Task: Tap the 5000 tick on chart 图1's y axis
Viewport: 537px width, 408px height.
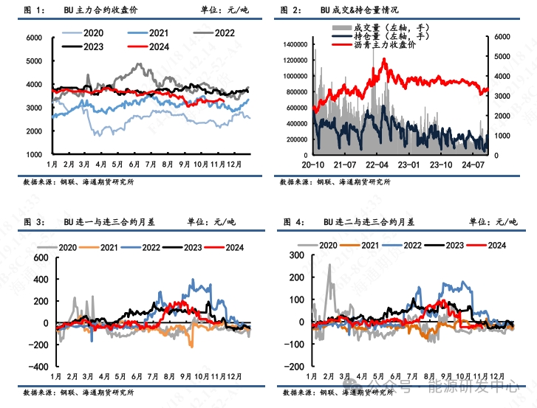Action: tap(33, 60)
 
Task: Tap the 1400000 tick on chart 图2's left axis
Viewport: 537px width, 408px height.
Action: tap(294, 44)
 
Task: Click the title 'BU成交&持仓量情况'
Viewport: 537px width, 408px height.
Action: tap(359, 10)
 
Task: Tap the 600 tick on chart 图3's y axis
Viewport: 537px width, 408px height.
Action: tap(35, 258)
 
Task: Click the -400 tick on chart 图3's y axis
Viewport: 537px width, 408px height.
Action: tap(33, 366)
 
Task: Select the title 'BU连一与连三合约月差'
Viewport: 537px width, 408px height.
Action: tap(110, 221)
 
